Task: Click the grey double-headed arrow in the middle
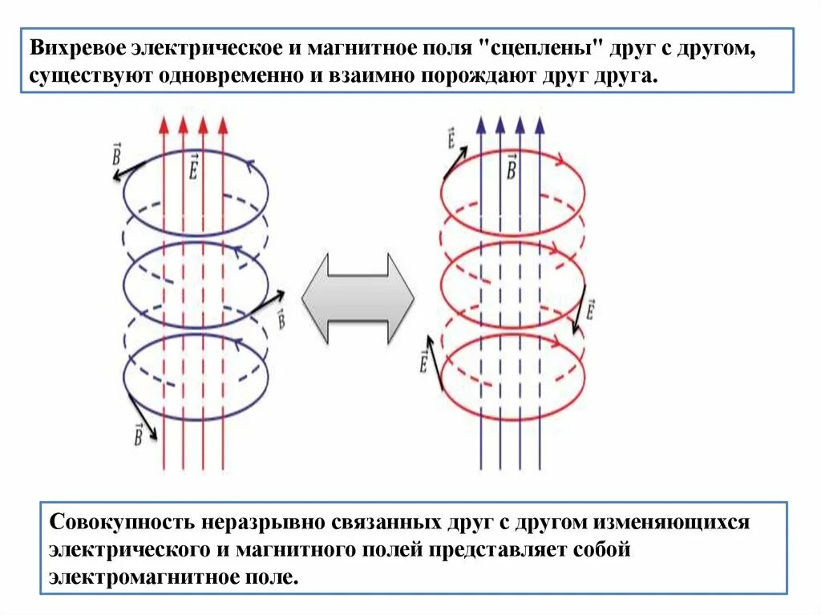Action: click(x=358, y=298)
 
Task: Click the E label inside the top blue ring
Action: click(x=193, y=165)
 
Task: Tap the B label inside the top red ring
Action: click(x=511, y=165)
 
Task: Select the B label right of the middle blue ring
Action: click(x=281, y=318)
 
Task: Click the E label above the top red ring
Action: click(x=451, y=140)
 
